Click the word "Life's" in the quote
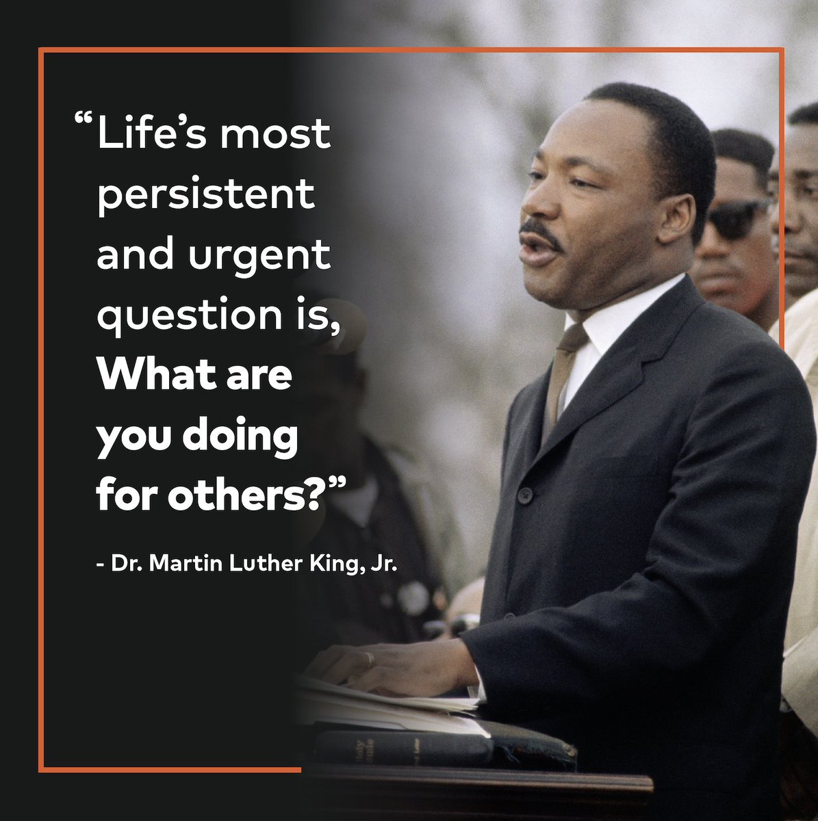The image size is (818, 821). click(x=146, y=135)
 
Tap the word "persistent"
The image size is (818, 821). click(x=206, y=196)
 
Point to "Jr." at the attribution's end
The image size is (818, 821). click(x=383, y=566)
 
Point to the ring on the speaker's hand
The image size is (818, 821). click(x=369, y=659)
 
